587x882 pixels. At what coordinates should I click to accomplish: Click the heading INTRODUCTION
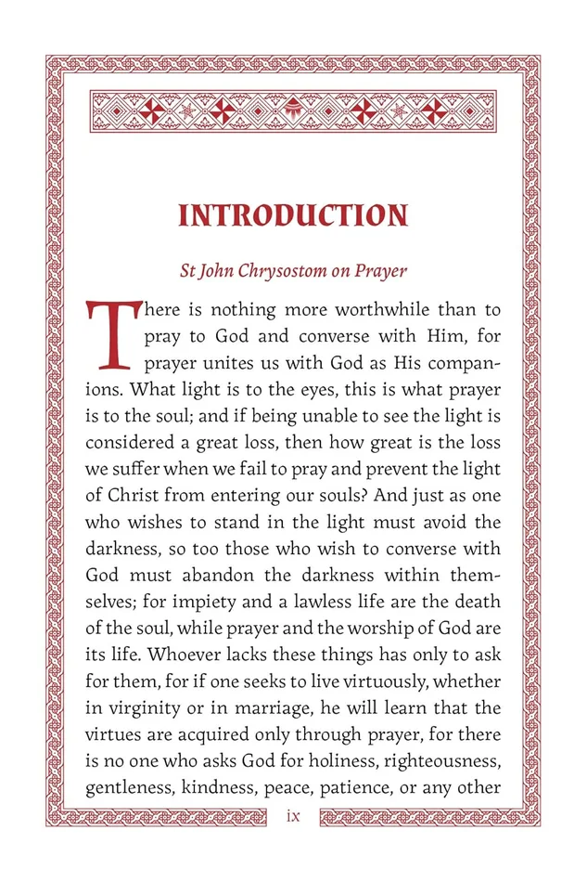293,215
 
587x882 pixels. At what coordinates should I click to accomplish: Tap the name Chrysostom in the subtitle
295,272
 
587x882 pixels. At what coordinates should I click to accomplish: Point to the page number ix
293,815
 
